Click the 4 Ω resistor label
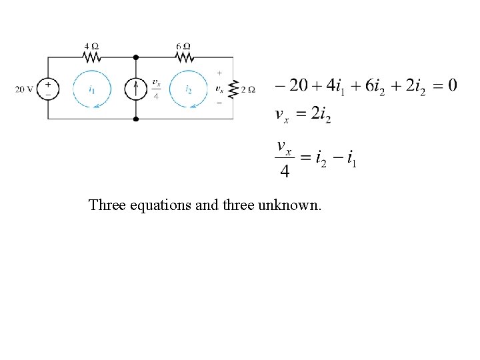[x=91, y=47]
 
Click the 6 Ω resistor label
[x=184, y=47]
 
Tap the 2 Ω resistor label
[x=249, y=89]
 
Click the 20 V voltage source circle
[x=47, y=89]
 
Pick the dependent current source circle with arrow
[x=135, y=89]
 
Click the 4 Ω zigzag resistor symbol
[x=91, y=57]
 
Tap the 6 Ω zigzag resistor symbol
[x=184, y=57]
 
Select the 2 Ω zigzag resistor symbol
[x=233, y=89]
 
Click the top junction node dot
[x=135, y=57]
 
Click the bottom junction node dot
[x=135, y=119]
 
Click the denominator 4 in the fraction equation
[x=285, y=171]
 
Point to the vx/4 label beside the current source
[x=155, y=89]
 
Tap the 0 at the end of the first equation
[x=452, y=85]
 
